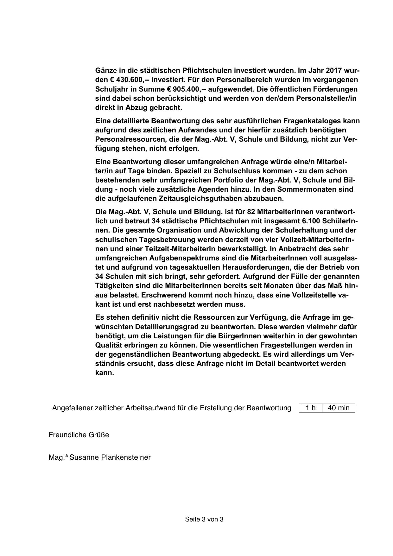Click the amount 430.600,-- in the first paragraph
point(124,80)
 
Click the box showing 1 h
point(311,408)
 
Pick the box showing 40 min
point(339,408)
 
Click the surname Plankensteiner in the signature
point(126,457)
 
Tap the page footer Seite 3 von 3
point(204,519)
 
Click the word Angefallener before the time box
point(73,408)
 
